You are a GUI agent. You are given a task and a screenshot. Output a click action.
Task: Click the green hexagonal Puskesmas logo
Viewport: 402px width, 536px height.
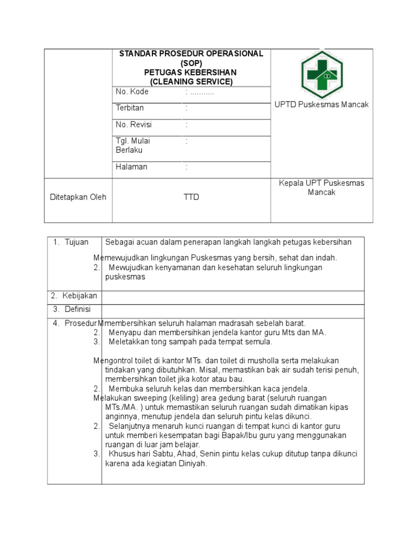pos(321,74)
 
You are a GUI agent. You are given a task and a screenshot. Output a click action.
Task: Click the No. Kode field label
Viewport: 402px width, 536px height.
pos(132,92)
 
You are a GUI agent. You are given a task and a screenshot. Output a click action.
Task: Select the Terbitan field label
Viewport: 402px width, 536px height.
pos(130,108)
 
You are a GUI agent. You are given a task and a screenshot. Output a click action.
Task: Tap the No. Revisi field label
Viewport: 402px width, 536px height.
pos(133,125)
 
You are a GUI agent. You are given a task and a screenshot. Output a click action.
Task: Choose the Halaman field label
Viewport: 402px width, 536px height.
pos(131,167)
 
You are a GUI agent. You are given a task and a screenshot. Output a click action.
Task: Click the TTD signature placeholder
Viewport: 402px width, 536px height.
pos(191,197)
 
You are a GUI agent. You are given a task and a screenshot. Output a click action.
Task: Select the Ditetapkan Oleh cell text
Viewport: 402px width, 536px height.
pos(77,197)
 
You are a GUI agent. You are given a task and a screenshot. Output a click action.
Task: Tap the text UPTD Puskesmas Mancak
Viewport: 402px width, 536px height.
pos(321,105)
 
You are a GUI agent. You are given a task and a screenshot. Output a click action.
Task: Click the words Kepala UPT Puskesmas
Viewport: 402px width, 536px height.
pos(321,183)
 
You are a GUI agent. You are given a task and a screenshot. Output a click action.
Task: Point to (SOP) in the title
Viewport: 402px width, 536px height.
pos(191,63)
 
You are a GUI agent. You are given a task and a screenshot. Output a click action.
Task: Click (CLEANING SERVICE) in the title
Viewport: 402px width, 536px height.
pos(191,82)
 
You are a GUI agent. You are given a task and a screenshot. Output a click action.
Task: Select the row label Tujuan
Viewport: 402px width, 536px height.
pos(76,242)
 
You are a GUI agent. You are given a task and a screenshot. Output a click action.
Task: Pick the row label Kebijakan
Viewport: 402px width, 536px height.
pos(80,296)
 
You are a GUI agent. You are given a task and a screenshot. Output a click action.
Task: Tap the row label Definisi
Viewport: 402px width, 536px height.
pos(77,309)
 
